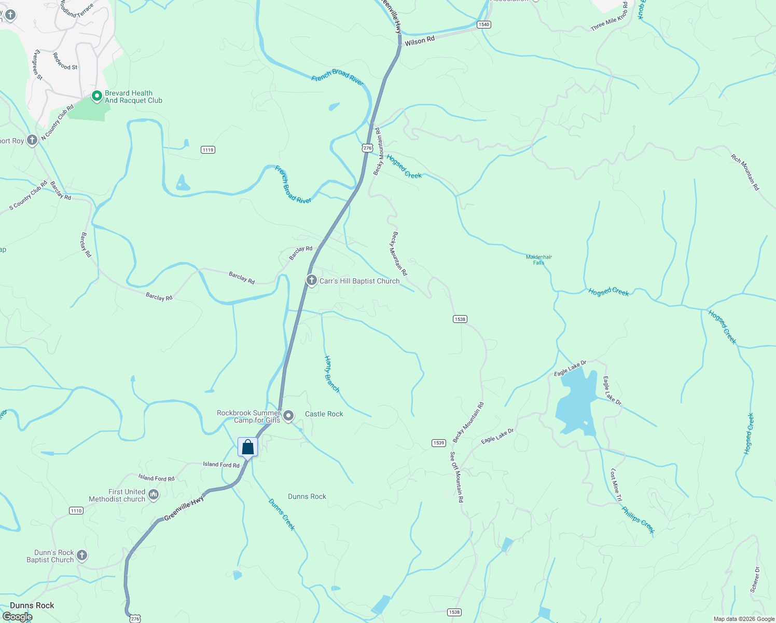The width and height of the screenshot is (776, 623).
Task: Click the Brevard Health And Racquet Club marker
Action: (x=96, y=96)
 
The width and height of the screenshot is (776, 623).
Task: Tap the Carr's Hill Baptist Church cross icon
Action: (x=311, y=280)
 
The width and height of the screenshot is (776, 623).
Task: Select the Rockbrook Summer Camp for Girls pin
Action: (x=288, y=416)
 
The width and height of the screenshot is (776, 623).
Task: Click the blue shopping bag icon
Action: (x=248, y=447)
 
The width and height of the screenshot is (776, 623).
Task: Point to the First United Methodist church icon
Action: (x=154, y=495)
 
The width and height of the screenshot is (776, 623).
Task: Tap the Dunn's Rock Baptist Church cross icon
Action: (x=82, y=556)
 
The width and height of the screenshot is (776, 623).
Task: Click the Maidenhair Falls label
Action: (x=539, y=260)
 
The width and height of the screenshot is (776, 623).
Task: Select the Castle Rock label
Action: (x=324, y=414)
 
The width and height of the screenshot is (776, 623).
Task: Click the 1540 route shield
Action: (x=484, y=24)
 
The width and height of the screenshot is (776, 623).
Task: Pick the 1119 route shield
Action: (x=208, y=150)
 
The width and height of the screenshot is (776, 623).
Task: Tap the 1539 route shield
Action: (x=439, y=443)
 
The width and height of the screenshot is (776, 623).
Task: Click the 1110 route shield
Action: (x=76, y=511)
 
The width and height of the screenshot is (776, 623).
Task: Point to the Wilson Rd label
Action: (x=420, y=41)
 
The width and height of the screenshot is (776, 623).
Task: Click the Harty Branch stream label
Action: (x=331, y=374)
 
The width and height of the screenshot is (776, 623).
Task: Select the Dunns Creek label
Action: (x=282, y=514)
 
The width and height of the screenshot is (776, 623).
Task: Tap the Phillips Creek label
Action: (x=638, y=520)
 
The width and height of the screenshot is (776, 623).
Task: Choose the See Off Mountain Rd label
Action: (x=456, y=477)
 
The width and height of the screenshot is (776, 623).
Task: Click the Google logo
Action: (x=17, y=617)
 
